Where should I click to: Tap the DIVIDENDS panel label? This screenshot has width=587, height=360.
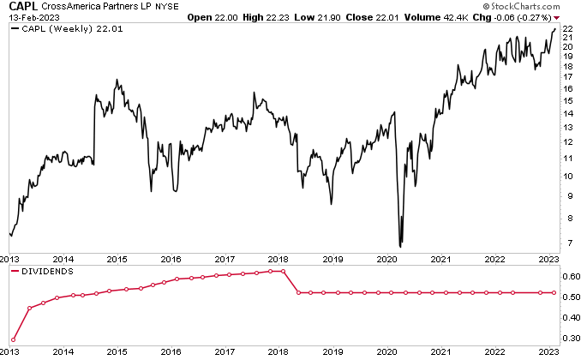47,271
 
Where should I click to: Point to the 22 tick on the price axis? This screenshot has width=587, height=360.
566,28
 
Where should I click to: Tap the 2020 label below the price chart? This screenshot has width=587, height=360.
387,258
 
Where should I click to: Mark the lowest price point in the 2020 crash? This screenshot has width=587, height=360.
400,247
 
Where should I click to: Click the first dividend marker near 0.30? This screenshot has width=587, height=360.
14,340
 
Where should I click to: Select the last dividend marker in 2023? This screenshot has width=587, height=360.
554,293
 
